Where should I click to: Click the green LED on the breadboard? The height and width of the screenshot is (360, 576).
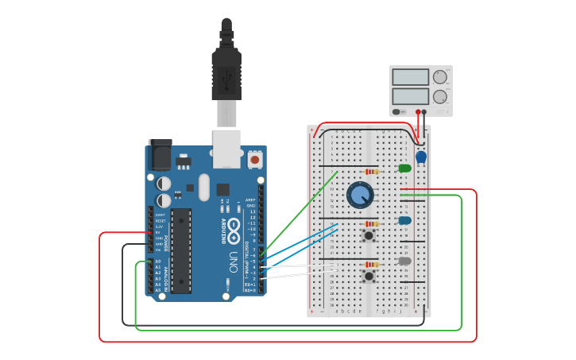tap(404, 168)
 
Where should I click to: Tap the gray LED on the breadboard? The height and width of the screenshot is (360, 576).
tap(404, 261)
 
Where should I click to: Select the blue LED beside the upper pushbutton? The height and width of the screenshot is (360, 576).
tap(404, 220)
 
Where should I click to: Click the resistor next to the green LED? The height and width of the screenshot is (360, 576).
tap(371, 172)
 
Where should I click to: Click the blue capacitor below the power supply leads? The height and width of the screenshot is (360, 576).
tap(421, 157)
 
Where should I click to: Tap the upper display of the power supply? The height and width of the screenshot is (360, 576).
tap(411, 78)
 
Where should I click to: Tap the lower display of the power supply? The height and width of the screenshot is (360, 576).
tap(411, 97)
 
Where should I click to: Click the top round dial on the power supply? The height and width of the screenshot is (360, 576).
tap(439, 77)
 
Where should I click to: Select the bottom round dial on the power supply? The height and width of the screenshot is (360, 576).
tap(439, 97)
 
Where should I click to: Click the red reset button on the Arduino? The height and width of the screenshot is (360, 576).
tap(255, 160)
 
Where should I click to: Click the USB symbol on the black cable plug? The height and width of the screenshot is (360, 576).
tap(226, 75)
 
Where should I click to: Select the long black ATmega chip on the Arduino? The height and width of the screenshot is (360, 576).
tap(181, 250)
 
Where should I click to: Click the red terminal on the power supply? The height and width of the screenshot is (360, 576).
tap(413, 112)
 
